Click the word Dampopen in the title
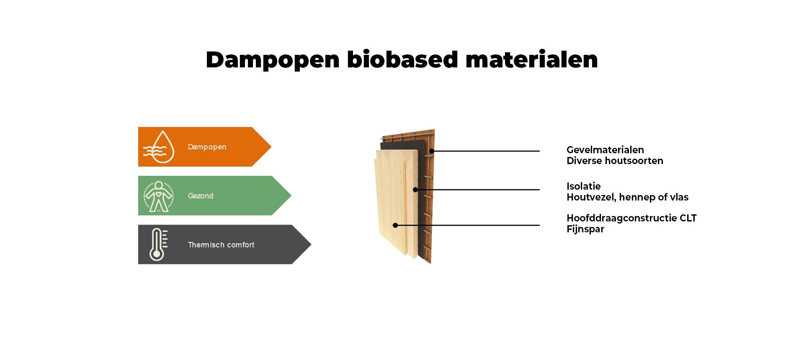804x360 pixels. click(x=272, y=60)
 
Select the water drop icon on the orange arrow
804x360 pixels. click(x=159, y=147)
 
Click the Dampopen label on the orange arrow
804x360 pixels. click(x=207, y=147)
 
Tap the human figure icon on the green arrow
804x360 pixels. click(x=158, y=196)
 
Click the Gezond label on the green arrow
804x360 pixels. click(x=201, y=195)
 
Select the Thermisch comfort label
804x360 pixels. click(x=221, y=244)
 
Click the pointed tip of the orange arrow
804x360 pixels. click(x=271, y=147)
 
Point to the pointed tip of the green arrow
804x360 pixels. click(x=291, y=195)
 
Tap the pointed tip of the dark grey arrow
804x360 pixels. click(x=311, y=244)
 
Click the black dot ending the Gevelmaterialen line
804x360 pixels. click(x=432, y=151)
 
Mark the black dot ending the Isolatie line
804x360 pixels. click(x=415, y=190)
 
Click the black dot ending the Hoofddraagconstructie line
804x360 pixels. click(x=395, y=225)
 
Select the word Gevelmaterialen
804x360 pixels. click(x=605, y=150)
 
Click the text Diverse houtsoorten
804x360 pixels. click(x=615, y=161)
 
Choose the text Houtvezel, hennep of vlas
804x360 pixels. click(x=627, y=197)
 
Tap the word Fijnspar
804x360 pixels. click(x=585, y=229)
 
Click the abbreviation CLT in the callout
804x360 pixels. click(x=688, y=218)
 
